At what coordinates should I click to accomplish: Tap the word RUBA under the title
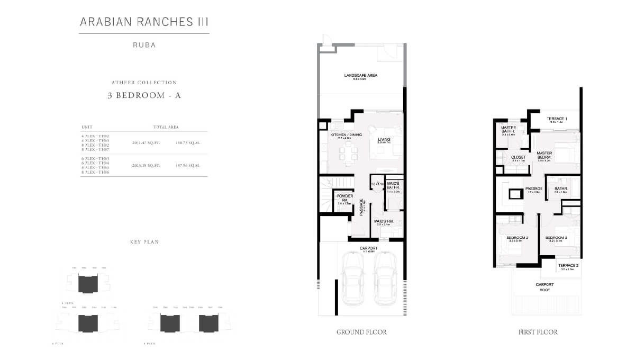click(144, 46)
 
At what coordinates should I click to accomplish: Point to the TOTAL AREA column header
click(166, 128)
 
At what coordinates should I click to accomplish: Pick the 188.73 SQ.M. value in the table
click(187, 143)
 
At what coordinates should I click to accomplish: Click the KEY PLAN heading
click(144, 242)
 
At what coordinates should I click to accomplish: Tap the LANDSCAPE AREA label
click(360, 76)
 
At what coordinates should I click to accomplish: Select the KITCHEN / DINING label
click(346, 135)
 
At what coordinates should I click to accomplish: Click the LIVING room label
click(384, 140)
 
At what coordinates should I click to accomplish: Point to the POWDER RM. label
click(344, 198)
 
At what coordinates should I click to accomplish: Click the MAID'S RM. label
click(383, 221)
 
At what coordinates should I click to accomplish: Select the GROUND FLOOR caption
click(361, 332)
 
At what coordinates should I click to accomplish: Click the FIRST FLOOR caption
click(538, 332)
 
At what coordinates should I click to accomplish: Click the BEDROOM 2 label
click(518, 238)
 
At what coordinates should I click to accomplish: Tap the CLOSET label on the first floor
click(518, 157)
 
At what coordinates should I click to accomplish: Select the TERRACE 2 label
click(568, 265)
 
